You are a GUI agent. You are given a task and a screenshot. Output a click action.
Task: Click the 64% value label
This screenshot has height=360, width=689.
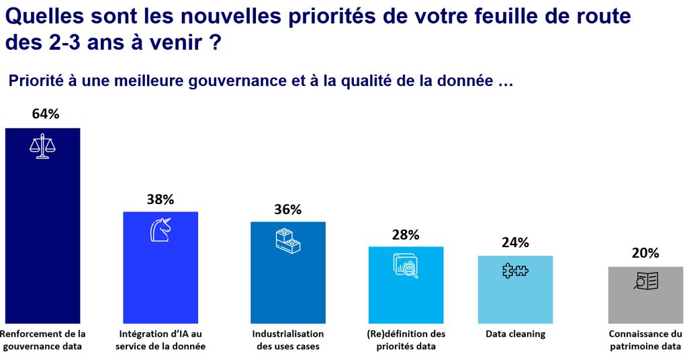tap(46, 114)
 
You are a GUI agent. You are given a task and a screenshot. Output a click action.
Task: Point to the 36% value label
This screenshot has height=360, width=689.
tap(287, 209)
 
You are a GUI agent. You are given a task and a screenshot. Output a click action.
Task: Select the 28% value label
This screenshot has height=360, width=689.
tap(406, 234)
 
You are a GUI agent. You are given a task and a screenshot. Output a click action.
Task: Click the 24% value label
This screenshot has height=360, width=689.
tap(515, 242)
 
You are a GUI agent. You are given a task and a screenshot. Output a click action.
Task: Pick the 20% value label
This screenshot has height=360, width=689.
tap(645, 253)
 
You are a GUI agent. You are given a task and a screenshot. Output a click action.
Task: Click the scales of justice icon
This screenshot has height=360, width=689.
tap(42, 147)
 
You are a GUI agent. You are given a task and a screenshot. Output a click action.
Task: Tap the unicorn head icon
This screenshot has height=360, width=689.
tap(160, 229)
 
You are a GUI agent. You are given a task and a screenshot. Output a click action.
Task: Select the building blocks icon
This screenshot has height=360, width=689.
tap(287, 240)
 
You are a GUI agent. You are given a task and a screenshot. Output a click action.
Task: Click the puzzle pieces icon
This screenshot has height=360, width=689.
tap(515, 271)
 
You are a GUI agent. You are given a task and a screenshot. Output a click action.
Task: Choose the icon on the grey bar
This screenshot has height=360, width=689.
tap(646, 281)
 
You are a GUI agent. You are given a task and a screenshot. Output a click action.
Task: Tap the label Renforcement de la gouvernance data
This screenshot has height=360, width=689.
tap(42, 340)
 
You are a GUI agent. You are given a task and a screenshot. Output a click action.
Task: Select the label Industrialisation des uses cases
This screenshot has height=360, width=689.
tap(287, 340)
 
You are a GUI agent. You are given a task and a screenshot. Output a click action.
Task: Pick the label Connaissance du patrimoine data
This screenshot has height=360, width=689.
tap(645, 340)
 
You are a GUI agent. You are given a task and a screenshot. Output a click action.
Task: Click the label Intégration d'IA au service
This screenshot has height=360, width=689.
tap(160, 340)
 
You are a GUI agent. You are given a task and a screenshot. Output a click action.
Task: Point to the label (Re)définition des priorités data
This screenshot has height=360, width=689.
tap(406, 340)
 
